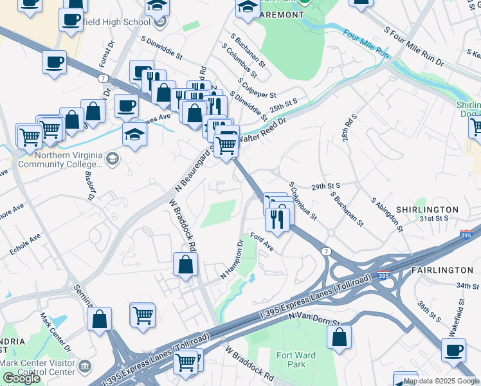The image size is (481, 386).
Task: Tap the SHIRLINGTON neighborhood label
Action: coord(427,210)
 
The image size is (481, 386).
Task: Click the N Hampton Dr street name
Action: coord(233,260)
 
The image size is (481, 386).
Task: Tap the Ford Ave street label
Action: coord(262,243)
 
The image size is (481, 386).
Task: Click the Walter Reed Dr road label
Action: coord(261,129)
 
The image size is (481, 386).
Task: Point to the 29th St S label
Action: coord(325,185)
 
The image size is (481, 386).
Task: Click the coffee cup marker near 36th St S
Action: coord(453,350)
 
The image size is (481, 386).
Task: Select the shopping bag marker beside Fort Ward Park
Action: coord(339,336)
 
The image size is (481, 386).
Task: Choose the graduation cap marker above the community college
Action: coord(134,134)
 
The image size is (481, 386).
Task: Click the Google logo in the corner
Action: coord(21,378)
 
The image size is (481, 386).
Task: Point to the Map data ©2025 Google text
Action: coord(441,381)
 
